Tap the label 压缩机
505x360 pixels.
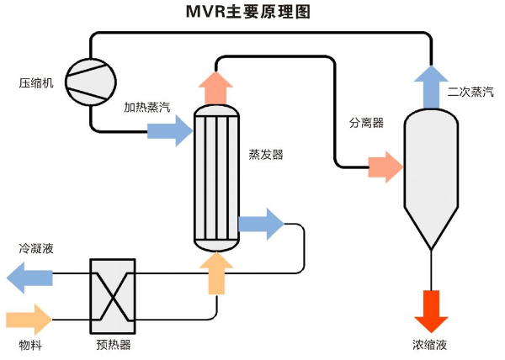36,82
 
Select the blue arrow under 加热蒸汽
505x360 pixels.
170,130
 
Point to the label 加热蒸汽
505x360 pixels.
146,108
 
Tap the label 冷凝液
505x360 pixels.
36,249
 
